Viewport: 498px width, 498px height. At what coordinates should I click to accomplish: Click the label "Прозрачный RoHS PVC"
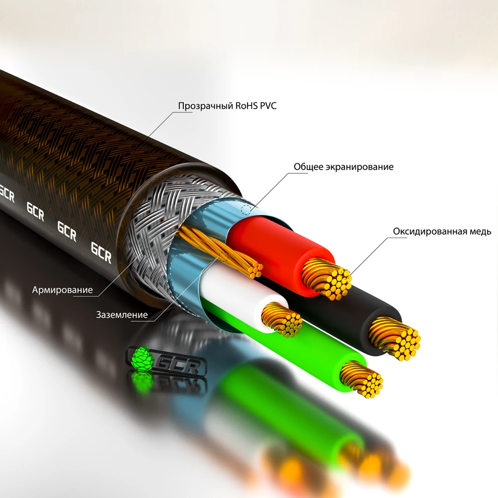(x=227, y=106)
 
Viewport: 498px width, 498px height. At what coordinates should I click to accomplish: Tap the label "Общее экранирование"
(x=343, y=167)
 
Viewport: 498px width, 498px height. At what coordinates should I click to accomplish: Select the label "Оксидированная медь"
(x=442, y=232)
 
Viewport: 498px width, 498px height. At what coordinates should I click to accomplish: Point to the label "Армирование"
(x=62, y=290)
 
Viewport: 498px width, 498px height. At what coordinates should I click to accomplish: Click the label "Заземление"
(x=122, y=315)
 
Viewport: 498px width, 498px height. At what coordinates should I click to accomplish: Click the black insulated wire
(x=349, y=309)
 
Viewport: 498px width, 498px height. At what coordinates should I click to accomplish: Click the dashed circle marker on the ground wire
(x=223, y=257)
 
